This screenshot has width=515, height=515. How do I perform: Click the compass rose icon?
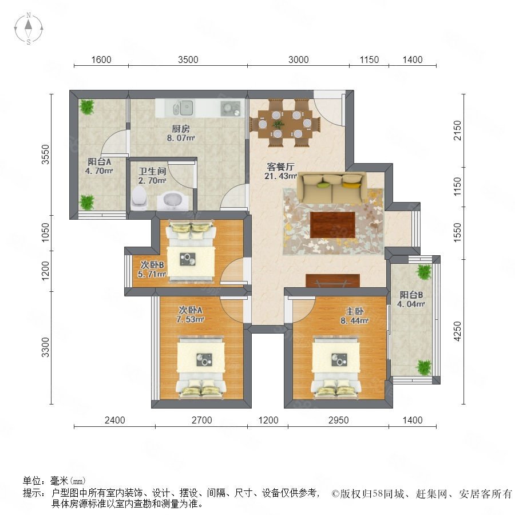coord(29,29)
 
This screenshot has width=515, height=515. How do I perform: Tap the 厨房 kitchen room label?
coord(181,129)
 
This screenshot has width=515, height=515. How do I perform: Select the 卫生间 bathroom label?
coord(152,171)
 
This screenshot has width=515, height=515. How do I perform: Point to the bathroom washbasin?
coord(173,201)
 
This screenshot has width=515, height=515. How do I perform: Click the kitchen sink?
coord(183,108)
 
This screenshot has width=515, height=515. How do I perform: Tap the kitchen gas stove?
coord(231,108)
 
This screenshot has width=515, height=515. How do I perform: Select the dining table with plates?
coord(285,124)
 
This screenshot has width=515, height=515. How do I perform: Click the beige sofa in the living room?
coord(332,188)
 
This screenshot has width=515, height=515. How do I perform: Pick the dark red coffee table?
coord(332,225)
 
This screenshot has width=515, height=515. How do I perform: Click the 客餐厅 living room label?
coord(280,167)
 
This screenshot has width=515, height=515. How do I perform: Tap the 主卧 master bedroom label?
coord(354,311)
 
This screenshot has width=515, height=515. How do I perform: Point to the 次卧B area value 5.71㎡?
coord(152,274)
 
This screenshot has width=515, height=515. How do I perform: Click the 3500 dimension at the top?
coord(188,60)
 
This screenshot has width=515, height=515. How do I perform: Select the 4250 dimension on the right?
coord(457,331)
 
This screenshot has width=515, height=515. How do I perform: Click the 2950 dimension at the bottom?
coord(339,420)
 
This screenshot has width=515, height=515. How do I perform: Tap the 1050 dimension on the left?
coord(45,233)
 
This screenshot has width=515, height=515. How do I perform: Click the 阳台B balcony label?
coord(411,295)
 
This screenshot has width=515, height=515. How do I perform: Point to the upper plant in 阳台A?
coord(87,107)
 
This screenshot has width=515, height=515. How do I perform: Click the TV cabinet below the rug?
coord(332,281)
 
